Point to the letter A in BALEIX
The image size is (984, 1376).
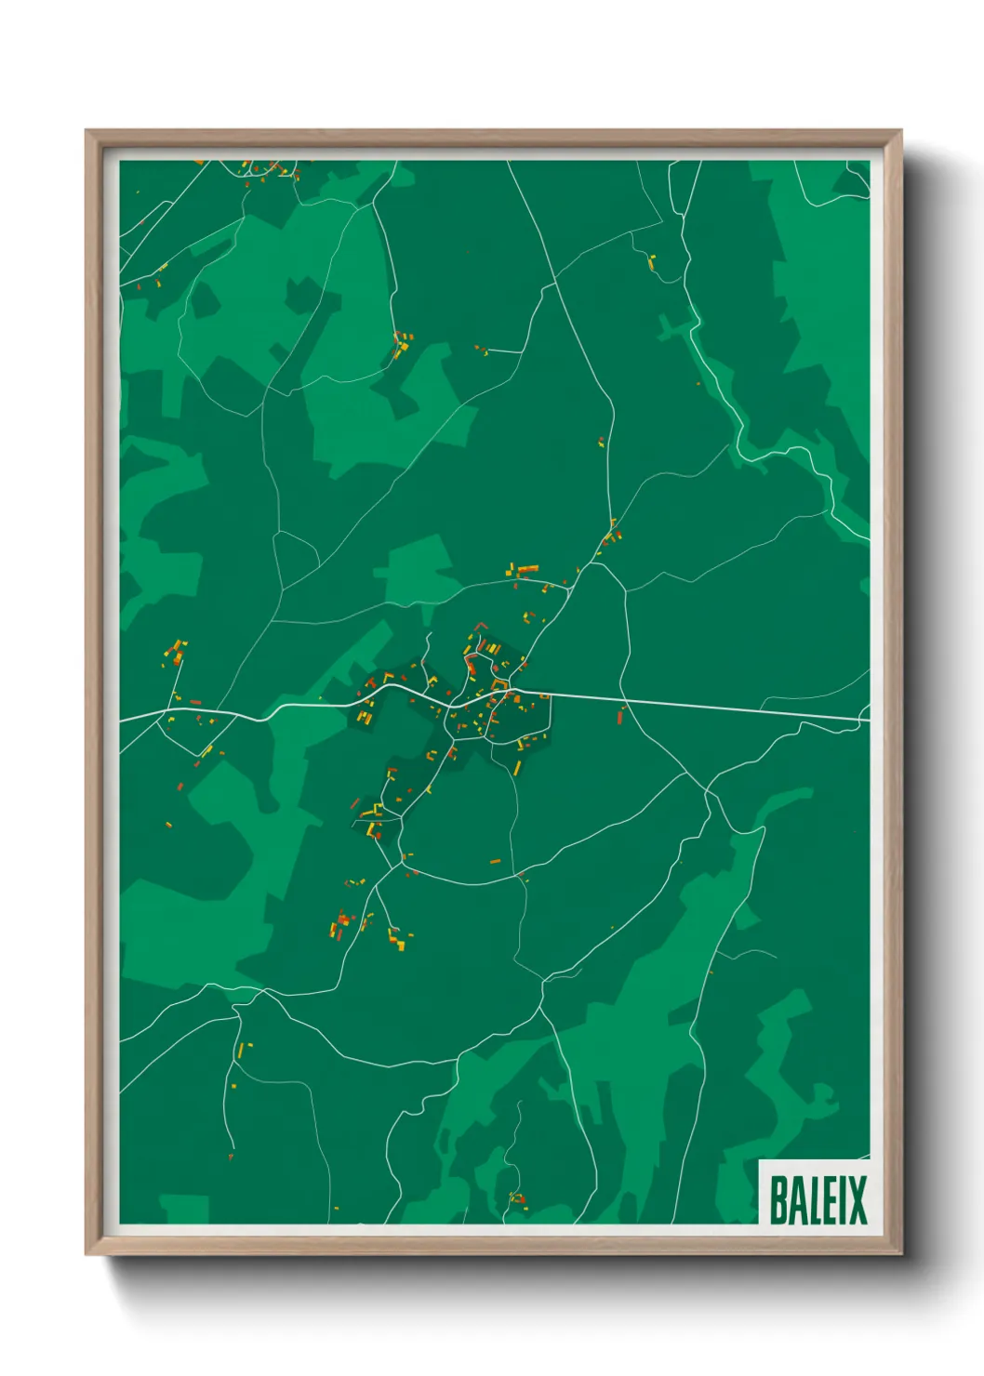click(x=799, y=1199)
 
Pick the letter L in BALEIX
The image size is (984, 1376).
click(x=817, y=1199)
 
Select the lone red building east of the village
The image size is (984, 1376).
click(x=620, y=717)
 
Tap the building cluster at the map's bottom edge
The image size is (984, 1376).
click(x=517, y=1199)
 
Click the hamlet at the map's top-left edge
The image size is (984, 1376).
click(x=270, y=170)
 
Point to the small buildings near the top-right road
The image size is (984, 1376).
click(x=652, y=262)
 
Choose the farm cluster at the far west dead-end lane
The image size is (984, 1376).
click(x=175, y=653)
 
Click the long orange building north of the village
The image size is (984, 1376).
click(x=527, y=569)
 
